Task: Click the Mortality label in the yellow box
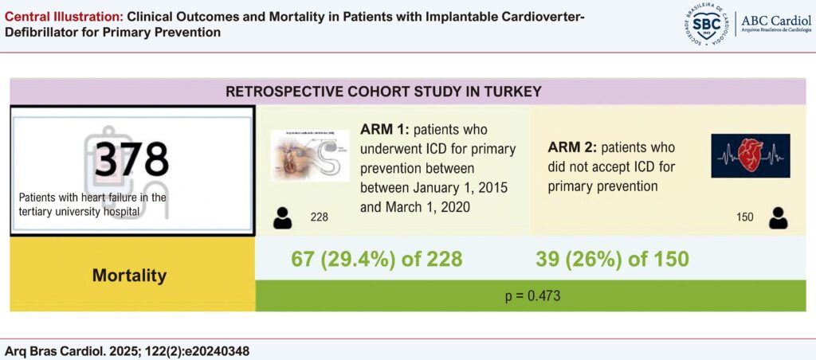tap(129, 276)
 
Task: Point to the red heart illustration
tap(750, 155)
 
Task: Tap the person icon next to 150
tap(779, 217)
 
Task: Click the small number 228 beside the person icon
tap(319, 217)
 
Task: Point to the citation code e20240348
tap(214, 350)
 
